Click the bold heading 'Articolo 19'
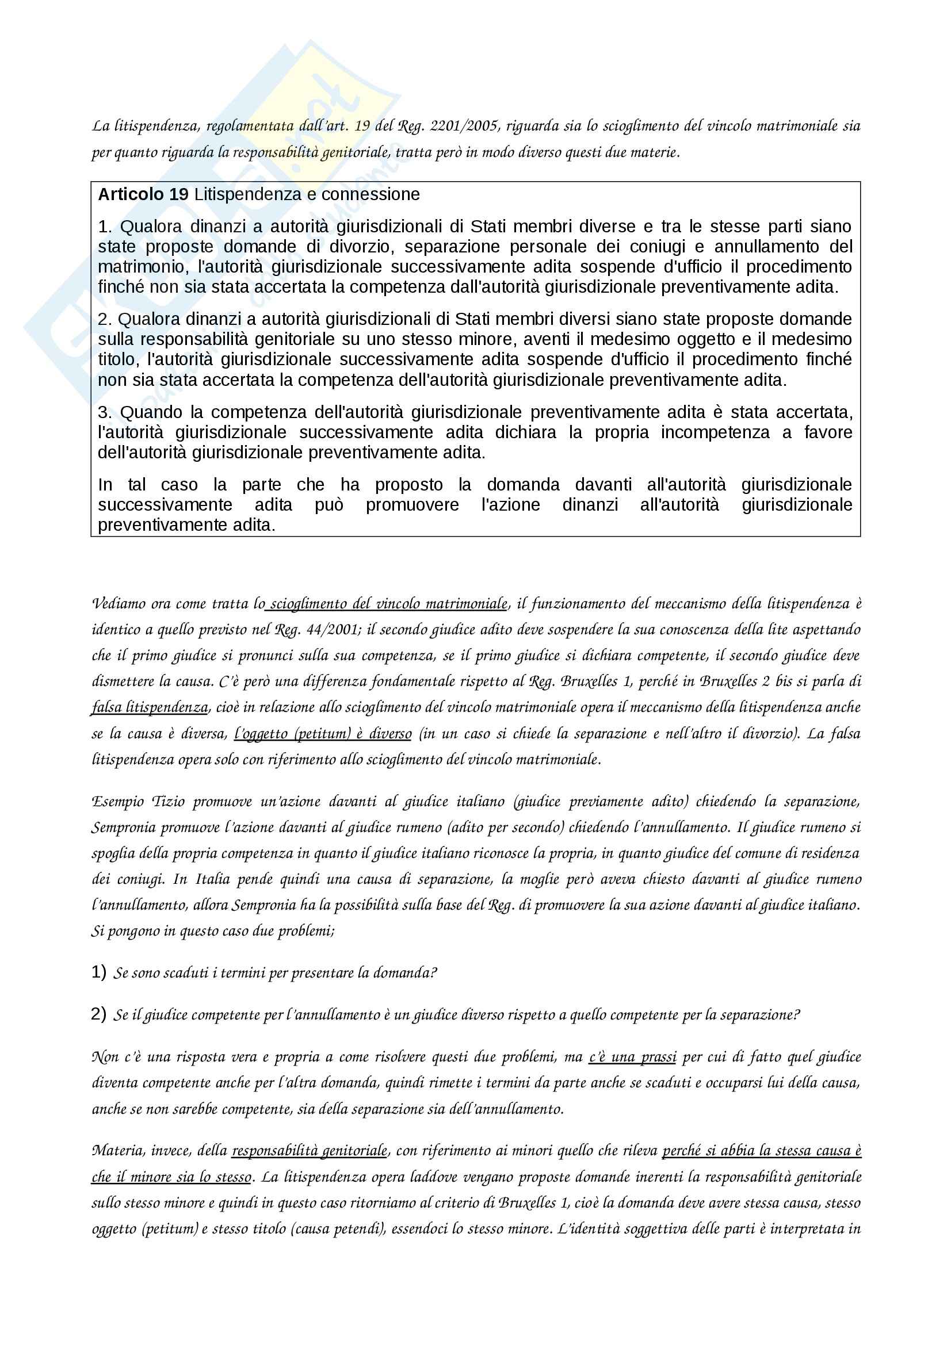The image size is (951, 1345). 143,194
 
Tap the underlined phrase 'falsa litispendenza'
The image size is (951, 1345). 150,707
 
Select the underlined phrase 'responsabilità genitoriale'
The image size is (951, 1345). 310,1151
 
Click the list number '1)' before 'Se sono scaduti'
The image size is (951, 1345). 98,972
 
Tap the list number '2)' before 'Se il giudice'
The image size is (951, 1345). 98,1014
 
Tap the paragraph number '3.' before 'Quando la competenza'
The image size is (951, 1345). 105,412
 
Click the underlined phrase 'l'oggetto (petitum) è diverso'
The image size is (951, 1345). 323,733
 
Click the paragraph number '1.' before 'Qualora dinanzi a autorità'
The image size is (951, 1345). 105,227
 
